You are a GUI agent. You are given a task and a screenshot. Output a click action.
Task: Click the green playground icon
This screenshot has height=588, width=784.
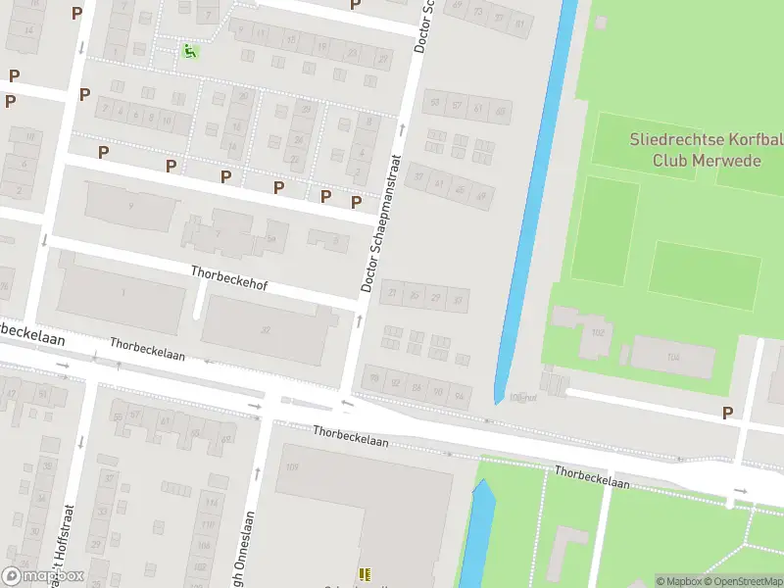[188, 51]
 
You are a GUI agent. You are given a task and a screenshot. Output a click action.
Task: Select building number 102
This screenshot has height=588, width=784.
[598, 332]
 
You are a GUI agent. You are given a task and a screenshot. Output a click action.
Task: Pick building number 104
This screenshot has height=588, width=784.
[672, 358]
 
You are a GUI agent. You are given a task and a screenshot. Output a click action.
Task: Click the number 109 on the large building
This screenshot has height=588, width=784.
[291, 466]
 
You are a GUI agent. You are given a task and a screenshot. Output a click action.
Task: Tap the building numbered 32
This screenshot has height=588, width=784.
[265, 330]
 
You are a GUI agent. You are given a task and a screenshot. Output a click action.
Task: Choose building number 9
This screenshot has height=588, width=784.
[130, 206]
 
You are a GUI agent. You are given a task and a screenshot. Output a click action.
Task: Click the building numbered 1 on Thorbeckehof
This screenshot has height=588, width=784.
[123, 293]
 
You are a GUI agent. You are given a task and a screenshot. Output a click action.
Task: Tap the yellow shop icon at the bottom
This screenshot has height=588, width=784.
[365, 574]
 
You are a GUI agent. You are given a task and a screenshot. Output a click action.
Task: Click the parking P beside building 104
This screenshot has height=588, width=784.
[727, 414]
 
